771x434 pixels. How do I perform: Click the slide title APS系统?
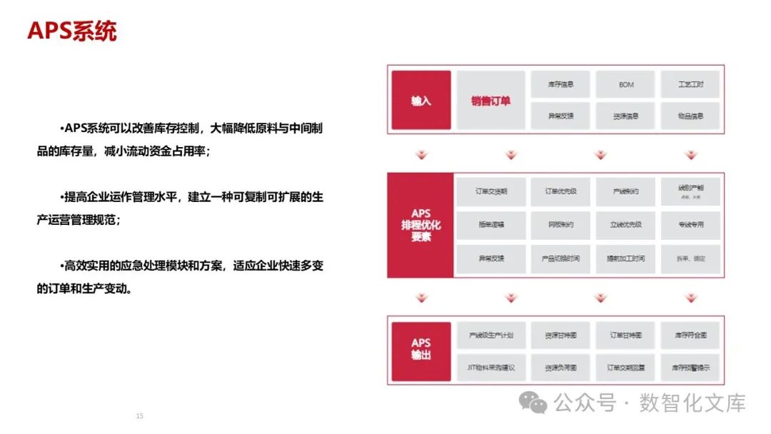coord(72,31)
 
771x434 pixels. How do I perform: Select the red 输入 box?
coord(421,100)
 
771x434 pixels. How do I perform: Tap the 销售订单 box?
coord(490,100)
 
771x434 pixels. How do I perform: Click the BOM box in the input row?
coord(626,85)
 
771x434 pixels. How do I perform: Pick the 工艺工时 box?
coord(690,85)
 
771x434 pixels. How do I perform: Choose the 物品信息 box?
coord(690,116)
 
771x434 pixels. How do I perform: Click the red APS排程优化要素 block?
coord(421,225)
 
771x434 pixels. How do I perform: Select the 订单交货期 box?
coord(490,192)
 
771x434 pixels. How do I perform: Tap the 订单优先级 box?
coord(560,192)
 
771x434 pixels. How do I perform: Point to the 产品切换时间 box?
coord(560,258)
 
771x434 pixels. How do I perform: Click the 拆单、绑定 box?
coord(690,258)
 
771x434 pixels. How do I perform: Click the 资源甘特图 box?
coord(560,335)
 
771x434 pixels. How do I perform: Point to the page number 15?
coord(140,415)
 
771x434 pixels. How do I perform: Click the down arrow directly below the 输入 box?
coord(421,155)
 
